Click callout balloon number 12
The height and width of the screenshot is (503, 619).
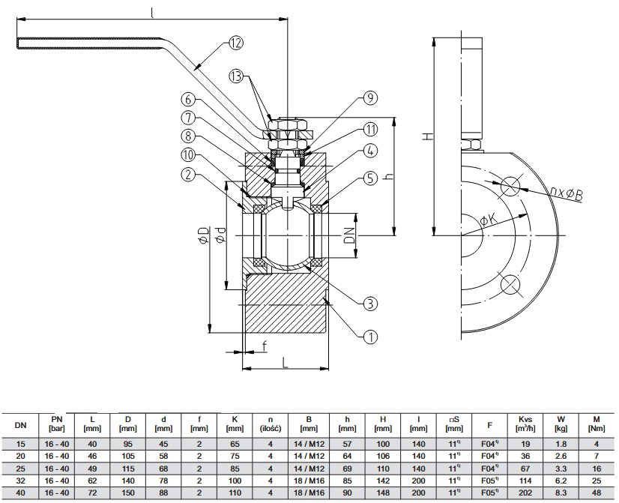pyautogui.click(x=236, y=43)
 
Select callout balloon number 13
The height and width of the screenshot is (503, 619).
pyautogui.click(x=237, y=76)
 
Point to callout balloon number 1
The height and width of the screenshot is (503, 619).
pyautogui.click(x=369, y=337)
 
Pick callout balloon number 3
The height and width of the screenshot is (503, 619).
pyautogui.click(x=369, y=304)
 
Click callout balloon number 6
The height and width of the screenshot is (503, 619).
pyautogui.click(x=187, y=99)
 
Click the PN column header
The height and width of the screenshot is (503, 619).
pyautogui.click(x=57, y=424)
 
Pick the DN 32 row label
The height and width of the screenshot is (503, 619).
pyautogui.click(x=20, y=480)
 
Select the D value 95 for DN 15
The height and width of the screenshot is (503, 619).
pyautogui.click(x=128, y=444)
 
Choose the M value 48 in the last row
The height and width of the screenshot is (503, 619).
pyautogui.click(x=596, y=493)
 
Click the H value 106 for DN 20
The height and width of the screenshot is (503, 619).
pyautogui.click(x=383, y=456)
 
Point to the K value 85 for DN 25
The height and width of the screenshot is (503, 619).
pyautogui.click(x=235, y=468)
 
